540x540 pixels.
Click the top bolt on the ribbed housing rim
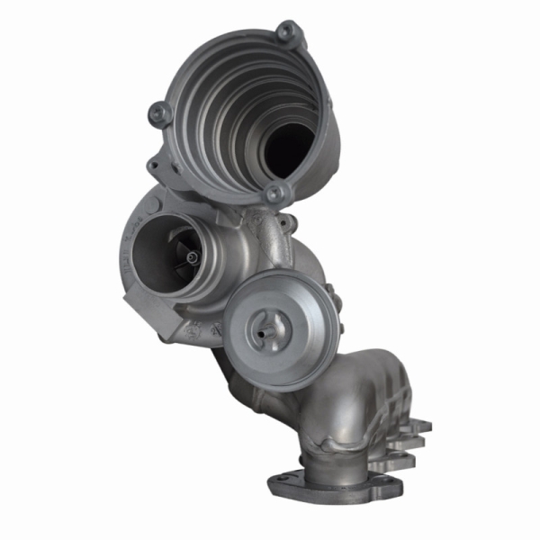pos(286,31)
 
